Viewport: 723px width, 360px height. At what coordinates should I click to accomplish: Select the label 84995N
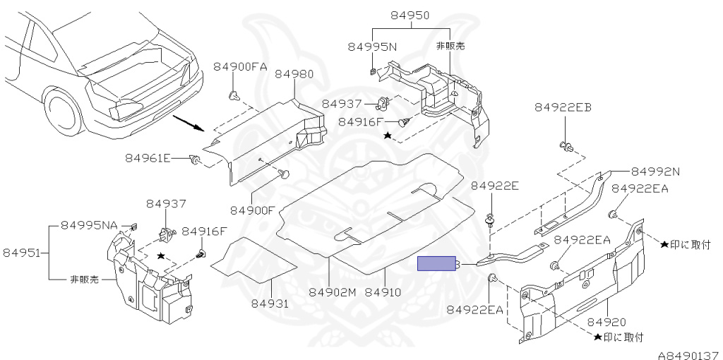click(x=373, y=47)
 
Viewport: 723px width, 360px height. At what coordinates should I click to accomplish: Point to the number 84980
click(x=294, y=74)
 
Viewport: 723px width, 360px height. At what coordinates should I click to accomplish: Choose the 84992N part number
click(x=655, y=171)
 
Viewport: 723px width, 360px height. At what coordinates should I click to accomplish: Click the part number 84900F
click(x=252, y=210)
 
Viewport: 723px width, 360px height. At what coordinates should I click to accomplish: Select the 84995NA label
click(x=89, y=225)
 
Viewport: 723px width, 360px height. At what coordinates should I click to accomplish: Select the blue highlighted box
click(x=438, y=264)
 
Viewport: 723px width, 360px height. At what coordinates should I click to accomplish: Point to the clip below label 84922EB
click(x=565, y=146)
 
